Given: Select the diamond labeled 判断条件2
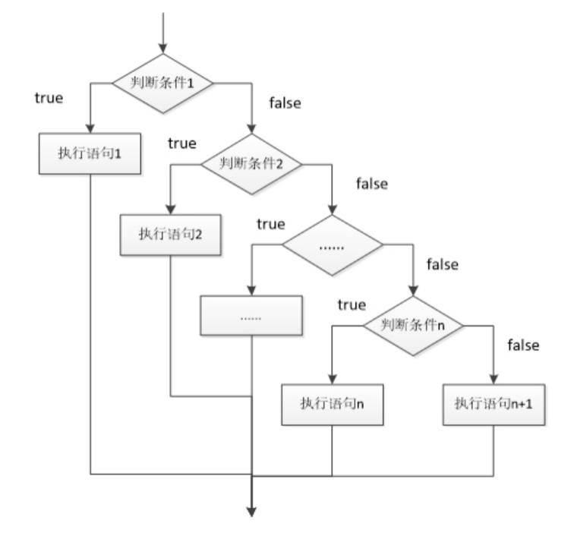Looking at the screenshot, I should click(251, 162).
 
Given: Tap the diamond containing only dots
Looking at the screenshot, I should click(333, 246).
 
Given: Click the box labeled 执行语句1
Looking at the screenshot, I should click(90, 153).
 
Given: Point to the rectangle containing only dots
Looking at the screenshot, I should click(251, 316).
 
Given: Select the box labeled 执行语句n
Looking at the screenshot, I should click(332, 402).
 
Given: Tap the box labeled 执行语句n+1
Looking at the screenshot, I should click(494, 402).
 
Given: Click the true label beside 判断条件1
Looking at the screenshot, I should click(49, 98).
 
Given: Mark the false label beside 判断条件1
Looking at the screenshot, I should click(285, 103).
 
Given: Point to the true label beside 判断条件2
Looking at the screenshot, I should click(182, 143).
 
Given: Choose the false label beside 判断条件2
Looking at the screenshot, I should click(371, 183).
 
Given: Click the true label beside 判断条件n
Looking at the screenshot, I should click(352, 304).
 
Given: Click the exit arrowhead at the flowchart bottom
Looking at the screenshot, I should click(251, 509).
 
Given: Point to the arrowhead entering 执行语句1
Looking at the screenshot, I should click(90, 129).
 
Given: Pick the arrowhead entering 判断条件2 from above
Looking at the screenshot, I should click(251, 130).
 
